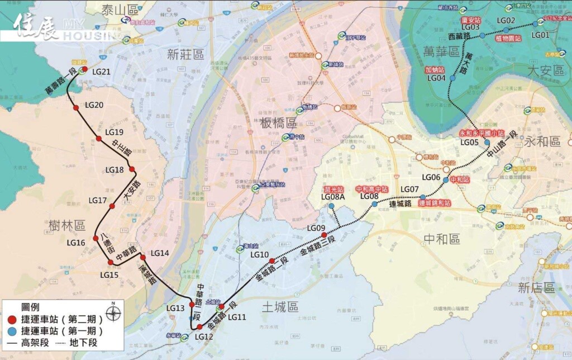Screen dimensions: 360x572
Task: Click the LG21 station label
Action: pyautogui.click(x=102, y=72)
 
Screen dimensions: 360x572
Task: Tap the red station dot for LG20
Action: pyautogui.click(x=77, y=108)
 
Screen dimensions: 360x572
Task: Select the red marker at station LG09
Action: pyautogui.click(x=324, y=235)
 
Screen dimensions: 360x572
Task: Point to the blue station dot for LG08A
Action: pyautogui.click(x=332, y=206)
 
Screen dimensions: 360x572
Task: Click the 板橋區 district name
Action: pyautogui.click(x=278, y=123)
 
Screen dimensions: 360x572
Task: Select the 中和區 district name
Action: pyautogui.click(x=442, y=239)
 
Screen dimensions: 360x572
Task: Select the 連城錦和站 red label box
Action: pyautogui.click(x=434, y=203)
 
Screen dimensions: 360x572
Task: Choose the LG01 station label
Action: pyautogui.click(x=540, y=35)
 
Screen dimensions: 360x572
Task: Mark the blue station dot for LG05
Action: pyautogui.click(x=487, y=143)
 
